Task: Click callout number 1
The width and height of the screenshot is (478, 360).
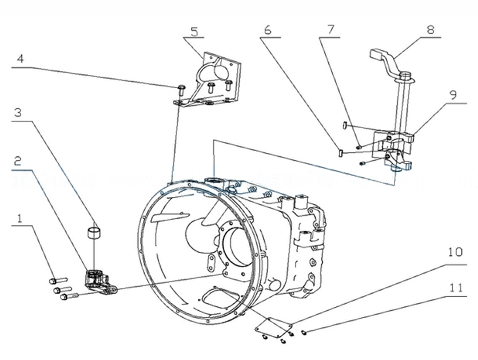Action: (x=21, y=219)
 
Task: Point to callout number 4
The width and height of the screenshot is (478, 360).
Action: (x=19, y=58)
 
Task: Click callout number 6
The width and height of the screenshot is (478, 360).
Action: (x=267, y=30)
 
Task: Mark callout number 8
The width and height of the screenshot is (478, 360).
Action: (x=429, y=30)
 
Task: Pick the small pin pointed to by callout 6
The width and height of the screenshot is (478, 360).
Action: (x=339, y=153)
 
